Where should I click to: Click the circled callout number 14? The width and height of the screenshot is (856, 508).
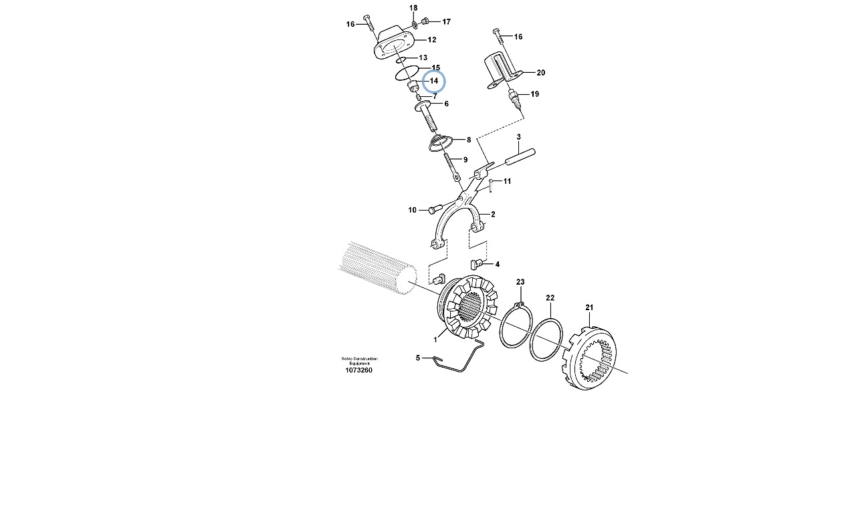point(434,81)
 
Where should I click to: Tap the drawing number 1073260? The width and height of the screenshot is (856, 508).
point(358,370)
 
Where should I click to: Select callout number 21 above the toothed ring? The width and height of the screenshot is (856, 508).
point(589,307)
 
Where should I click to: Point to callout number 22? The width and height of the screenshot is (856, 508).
point(550,298)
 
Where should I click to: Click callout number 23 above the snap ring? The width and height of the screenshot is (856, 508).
point(520,282)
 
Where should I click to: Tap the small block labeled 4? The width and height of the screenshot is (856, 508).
point(474,263)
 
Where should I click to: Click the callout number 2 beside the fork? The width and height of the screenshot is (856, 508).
point(493,215)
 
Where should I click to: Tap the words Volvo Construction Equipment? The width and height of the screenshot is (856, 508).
point(359,361)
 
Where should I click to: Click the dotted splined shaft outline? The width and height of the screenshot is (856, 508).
point(378,268)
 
